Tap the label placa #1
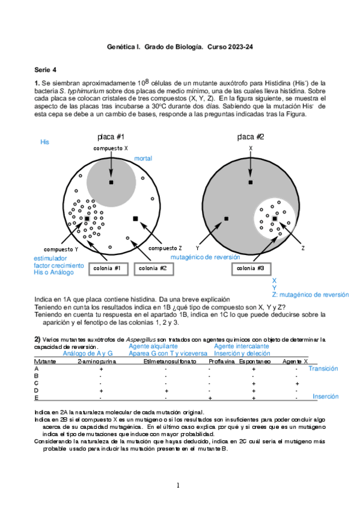(x=111, y=137)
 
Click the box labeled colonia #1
(x=108, y=268)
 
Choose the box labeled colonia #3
(x=250, y=268)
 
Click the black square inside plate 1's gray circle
(x=111, y=182)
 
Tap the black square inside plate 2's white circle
(x=275, y=218)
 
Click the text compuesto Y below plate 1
(x=61, y=249)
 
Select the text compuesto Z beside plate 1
(x=165, y=248)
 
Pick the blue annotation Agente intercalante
(x=241, y=346)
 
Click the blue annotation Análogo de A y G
(x=88, y=354)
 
